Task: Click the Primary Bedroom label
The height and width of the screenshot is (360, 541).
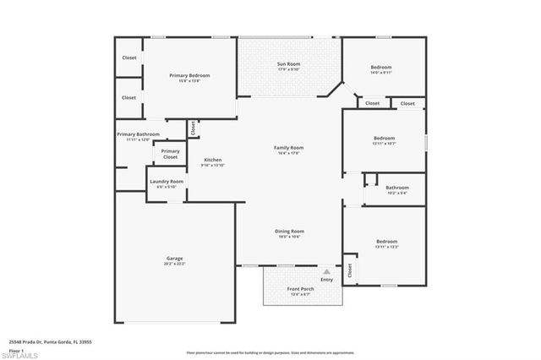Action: point(189,75)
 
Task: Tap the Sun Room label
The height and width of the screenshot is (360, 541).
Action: point(289,64)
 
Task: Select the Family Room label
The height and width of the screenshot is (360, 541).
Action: point(288,148)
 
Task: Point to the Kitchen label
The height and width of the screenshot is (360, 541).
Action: point(212,161)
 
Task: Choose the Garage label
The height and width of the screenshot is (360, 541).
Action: point(175,259)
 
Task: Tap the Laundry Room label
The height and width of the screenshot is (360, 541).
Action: point(167,182)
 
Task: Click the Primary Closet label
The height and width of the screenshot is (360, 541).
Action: point(170,154)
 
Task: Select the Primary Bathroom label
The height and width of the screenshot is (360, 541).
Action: point(138,134)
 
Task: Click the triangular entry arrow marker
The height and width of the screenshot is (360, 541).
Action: point(326,271)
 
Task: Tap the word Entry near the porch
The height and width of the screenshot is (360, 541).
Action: point(326,279)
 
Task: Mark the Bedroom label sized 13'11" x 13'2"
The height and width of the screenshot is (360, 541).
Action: point(386,243)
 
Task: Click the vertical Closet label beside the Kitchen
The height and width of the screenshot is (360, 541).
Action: point(193,128)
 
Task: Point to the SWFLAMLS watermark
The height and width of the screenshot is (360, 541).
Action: point(23,353)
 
